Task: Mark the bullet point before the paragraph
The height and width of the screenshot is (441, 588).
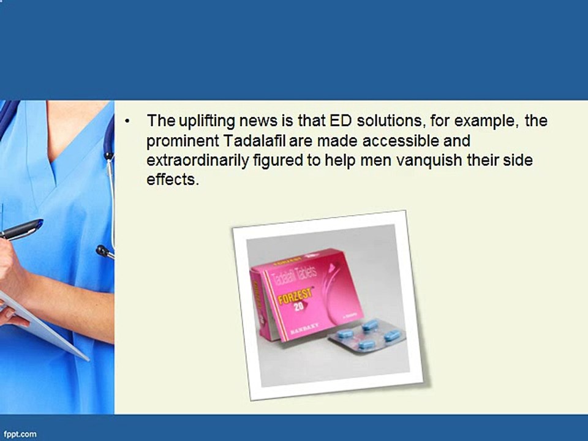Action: (x=127, y=121)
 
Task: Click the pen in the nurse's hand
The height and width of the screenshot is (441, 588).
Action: (x=21, y=230)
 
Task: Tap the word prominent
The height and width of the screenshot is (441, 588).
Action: (x=182, y=141)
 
